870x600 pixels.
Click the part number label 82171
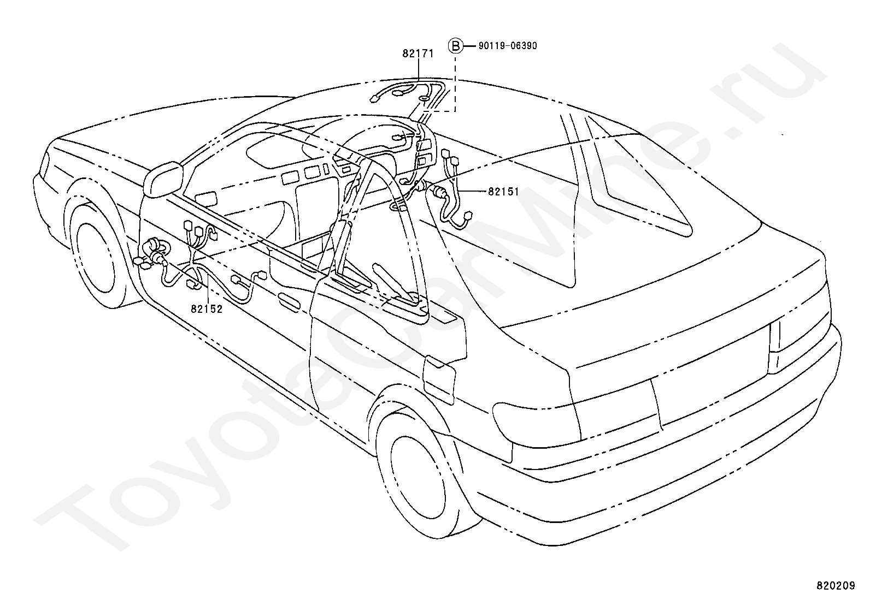point(418,54)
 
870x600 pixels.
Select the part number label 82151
point(503,192)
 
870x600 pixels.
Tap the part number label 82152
point(207,309)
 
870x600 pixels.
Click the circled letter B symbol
point(455,46)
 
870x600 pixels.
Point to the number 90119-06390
point(507,46)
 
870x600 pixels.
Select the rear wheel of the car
point(421,467)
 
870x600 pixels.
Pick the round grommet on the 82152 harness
point(155,248)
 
